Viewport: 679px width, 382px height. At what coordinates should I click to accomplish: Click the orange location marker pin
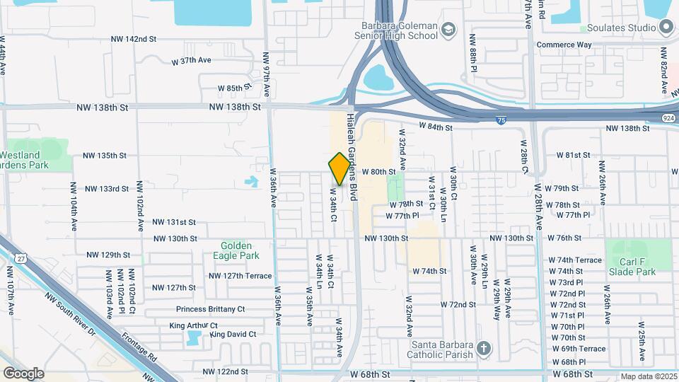point(339,169)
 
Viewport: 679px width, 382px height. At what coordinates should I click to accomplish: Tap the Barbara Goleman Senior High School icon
point(448,29)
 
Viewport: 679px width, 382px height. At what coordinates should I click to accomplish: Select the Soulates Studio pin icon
point(666,28)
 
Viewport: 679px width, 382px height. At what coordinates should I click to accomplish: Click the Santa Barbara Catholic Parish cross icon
point(484,348)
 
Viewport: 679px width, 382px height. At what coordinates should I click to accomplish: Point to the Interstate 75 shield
point(501,121)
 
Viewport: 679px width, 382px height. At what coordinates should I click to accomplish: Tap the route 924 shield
point(669,117)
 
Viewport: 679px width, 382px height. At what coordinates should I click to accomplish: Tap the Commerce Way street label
point(563,45)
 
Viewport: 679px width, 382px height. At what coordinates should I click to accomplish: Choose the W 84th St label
point(435,127)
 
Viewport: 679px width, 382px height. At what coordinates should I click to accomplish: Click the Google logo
point(23,373)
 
